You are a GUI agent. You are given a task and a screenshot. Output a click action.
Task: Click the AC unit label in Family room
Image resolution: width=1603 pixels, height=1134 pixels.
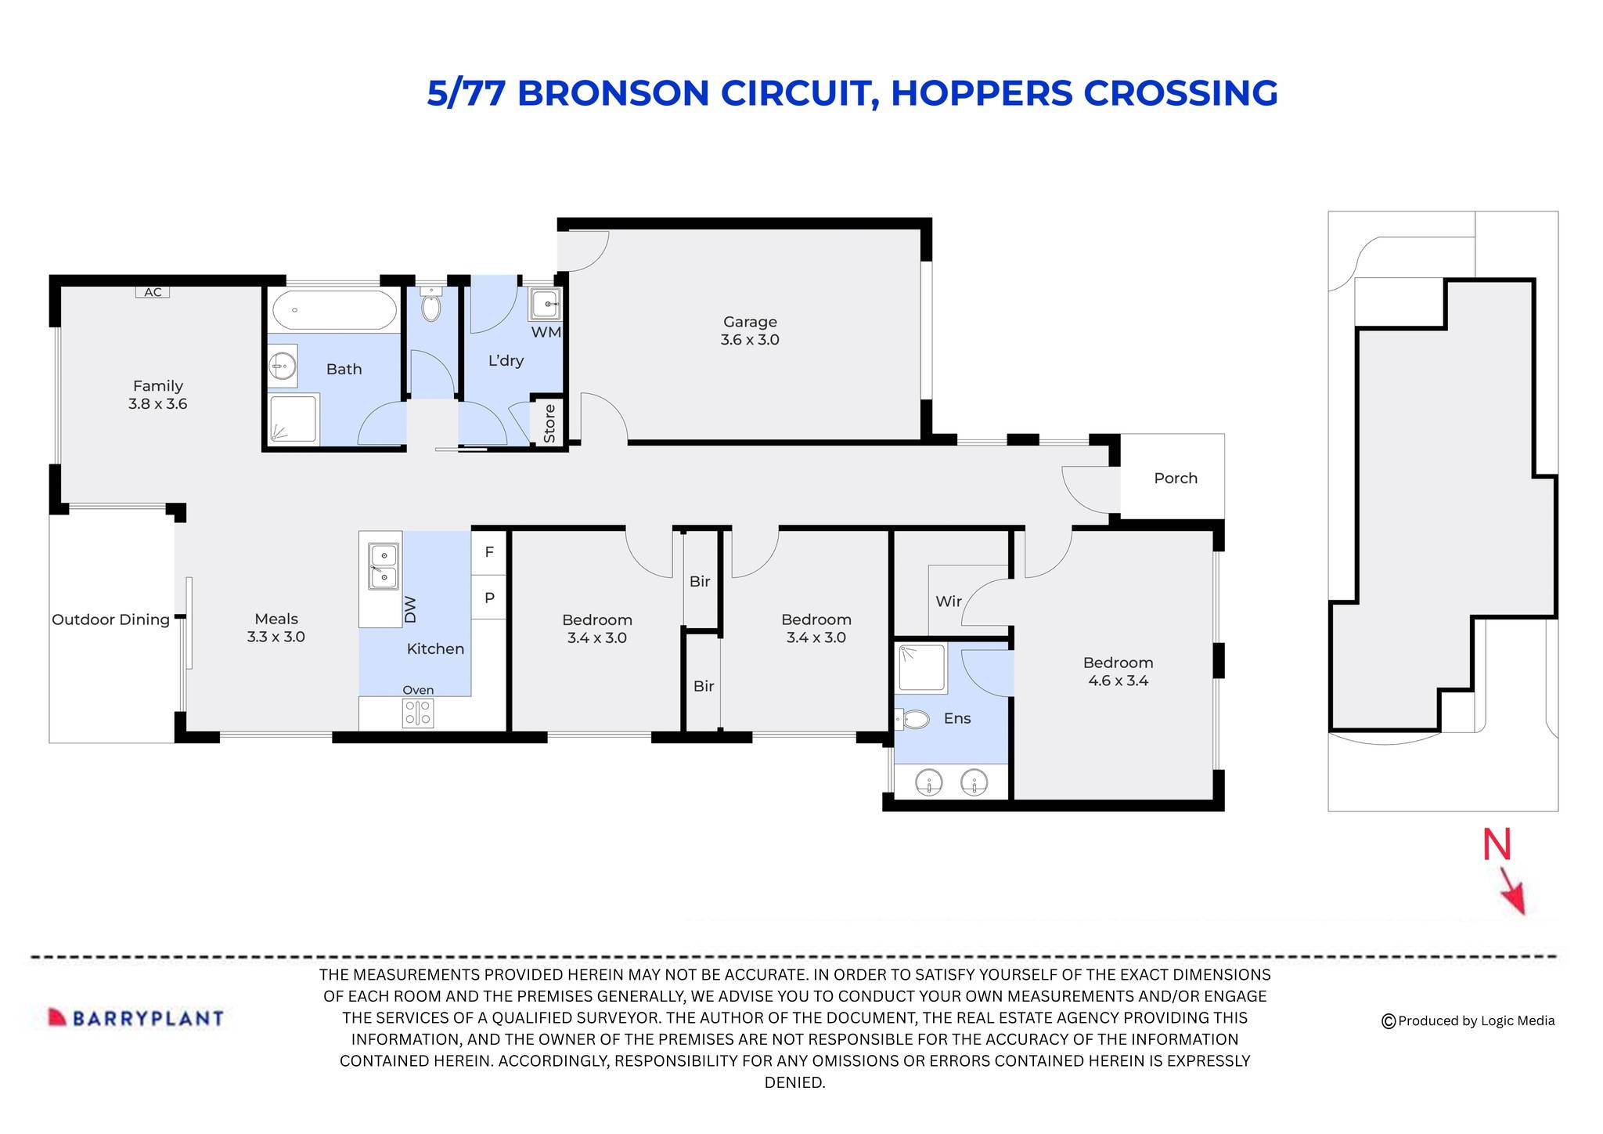[153, 292]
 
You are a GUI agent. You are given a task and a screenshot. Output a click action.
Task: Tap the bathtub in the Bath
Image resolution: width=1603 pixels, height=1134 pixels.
[334, 311]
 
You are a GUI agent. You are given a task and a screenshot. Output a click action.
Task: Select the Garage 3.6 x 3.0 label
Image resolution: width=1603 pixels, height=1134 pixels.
[750, 330]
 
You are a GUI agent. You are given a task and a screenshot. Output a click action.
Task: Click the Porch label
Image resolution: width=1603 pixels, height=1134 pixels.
[1175, 479]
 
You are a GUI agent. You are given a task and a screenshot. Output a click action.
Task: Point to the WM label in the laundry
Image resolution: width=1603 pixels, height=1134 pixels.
[546, 332]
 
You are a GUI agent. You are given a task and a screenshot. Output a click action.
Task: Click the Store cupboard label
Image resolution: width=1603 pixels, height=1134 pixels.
[549, 424]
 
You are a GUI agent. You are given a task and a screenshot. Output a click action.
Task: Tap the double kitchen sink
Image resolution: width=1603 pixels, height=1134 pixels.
[384, 566]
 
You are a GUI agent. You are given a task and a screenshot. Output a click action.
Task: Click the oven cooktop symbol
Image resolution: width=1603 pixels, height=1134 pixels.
[418, 713]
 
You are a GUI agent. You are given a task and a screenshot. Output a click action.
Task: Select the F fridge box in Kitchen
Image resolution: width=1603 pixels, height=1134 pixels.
[489, 552]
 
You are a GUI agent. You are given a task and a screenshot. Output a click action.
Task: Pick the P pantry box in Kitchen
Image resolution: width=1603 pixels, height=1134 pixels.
[489, 598]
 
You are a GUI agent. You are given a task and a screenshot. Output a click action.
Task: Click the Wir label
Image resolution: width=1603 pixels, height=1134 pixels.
[948, 601]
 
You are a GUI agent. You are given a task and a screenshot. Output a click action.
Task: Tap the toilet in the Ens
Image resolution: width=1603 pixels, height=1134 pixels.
[913, 719]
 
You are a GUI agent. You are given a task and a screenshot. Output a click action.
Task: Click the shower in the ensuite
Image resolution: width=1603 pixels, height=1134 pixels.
[921, 668]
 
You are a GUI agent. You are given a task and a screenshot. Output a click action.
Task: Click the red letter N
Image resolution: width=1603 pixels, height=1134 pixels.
[1497, 845]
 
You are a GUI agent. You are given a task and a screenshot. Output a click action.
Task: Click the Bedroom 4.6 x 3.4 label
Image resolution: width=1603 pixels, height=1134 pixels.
[1118, 671]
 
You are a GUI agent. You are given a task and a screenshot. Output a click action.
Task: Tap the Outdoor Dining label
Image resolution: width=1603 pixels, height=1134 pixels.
[110, 619]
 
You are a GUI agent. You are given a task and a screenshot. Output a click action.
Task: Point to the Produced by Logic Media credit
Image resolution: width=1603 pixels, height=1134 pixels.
[1468, 1021]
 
